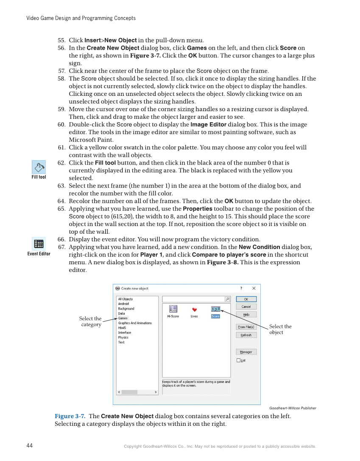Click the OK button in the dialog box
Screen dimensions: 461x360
tap(246, 299)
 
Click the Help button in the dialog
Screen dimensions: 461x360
tap(246, 315)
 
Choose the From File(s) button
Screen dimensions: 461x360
tap(246, 327)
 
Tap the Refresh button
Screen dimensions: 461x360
tap(246, 335)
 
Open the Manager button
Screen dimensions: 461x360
tap(246, 352)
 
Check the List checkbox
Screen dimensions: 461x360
tap(239, 360)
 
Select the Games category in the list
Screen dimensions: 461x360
tap(123, 318)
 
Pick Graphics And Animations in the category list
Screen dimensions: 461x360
tap(134, 323)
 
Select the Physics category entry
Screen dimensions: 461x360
tap(123, 338)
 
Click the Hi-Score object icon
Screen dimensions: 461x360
tap(173, 309)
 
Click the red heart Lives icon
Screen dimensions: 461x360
tap(194, 310)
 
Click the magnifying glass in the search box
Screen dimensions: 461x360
tap(228, 299)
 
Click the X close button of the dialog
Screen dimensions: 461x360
tap(254, 288)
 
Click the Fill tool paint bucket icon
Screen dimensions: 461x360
tap(39, 167)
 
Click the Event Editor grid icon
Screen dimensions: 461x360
tap(39, 244)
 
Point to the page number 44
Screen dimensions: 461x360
tap(30, 446)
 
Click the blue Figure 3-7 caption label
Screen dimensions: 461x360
tap(70, 416)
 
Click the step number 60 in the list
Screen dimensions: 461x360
tap(61, 125)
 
